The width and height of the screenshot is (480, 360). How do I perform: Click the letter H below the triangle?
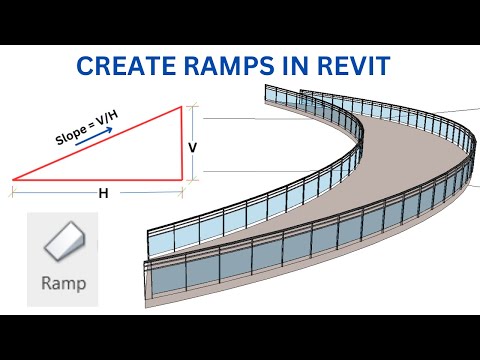pos(102,194)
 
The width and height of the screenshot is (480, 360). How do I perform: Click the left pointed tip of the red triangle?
pos(14,180)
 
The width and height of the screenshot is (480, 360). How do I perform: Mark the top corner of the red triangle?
pos(184,109)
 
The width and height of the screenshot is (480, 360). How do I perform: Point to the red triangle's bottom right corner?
pos(184,180)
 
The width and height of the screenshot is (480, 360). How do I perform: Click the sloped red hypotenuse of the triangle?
pos(100,144)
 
